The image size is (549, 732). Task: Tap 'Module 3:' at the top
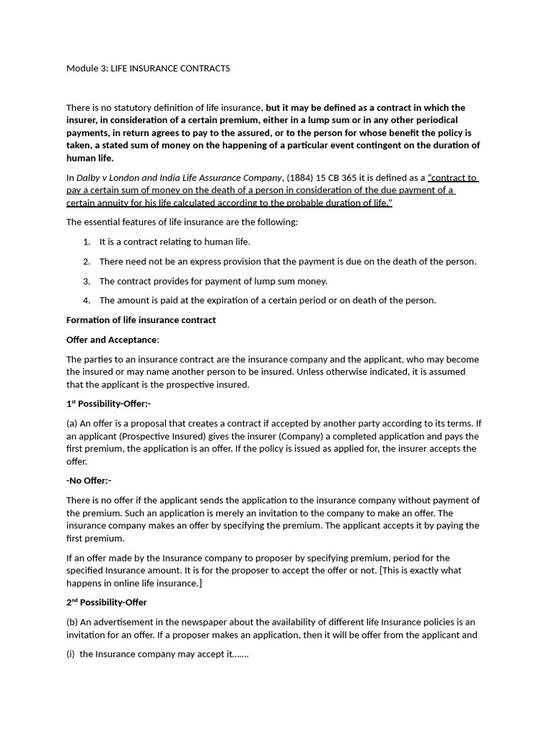(86, 69)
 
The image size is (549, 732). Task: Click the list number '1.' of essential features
(86, 242)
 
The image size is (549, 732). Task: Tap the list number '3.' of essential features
(86, 281)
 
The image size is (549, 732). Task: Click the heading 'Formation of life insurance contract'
(141, 320)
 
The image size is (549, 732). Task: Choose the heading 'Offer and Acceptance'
(112, 340)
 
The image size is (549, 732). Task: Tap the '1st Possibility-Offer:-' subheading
(109, 404)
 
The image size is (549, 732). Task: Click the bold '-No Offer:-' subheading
(89, 481)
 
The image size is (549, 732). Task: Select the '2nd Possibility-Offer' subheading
(107, 603)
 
